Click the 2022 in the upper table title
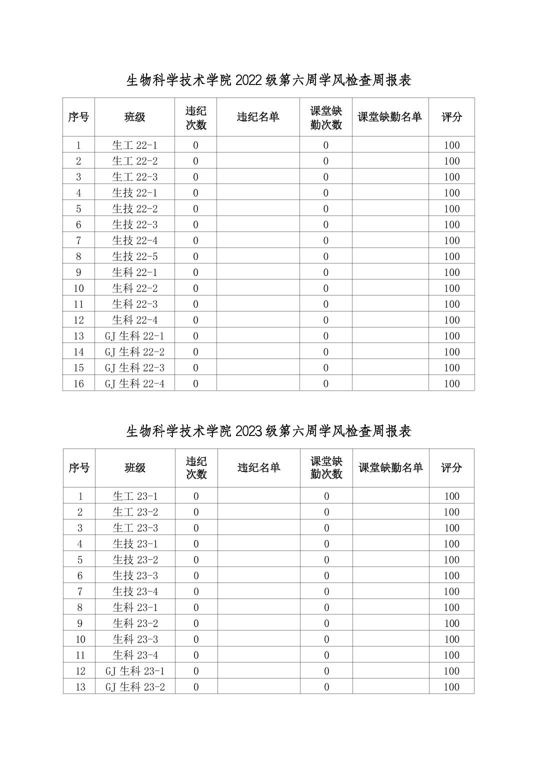tap(248, 80)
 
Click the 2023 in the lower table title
tap(248, 431)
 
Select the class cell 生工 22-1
tap(134, 145)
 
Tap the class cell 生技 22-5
tap(134, 256)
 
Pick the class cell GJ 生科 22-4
tap(134, 383)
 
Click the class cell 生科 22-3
tap(134, 304)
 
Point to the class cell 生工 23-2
tap(135, 512)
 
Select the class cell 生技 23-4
tap(135, 591)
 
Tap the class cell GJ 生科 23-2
tap(135, 687)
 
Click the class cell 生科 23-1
tap(135, 607)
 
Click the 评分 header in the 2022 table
tap(451, 117)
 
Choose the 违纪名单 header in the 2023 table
tap(258, 468)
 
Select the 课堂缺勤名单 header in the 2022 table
tap(390, 117)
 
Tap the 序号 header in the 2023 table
tap(79, 468)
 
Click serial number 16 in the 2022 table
tap(78, 383)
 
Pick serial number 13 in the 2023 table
tap(80, 687)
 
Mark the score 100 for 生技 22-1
tap(451, 193)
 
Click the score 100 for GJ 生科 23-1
tap(451, 671)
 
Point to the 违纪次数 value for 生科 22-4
tap(195, 320)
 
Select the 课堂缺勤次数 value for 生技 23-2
tap(326, 559)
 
